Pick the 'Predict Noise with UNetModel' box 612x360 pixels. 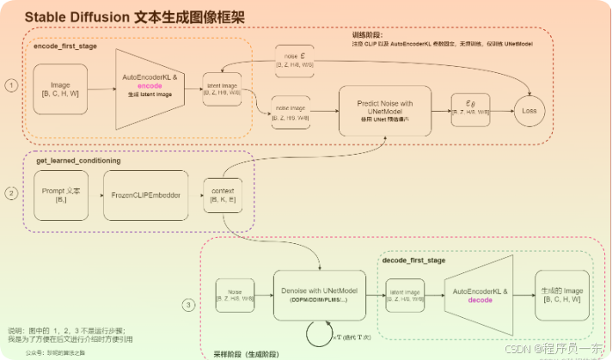click(384, 110)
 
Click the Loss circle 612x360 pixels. click(530, 110)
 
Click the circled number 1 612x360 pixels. click(11, 86)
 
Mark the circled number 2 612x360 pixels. click(11, 193)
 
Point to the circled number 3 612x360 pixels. click(190, 303)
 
